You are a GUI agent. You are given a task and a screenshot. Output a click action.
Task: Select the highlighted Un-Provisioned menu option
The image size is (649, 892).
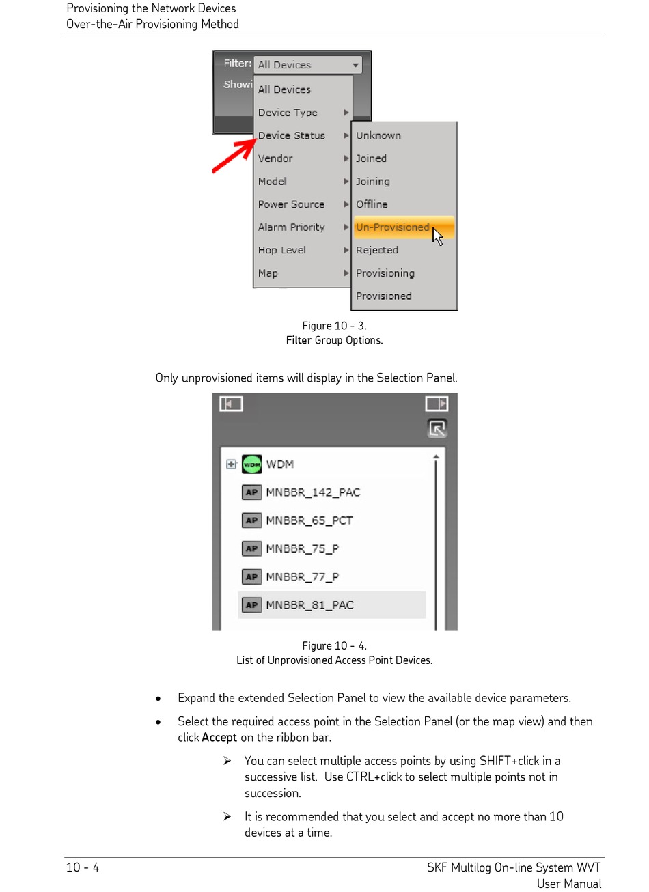click(393, 227)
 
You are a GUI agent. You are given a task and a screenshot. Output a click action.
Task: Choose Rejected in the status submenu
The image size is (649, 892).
click(377, 251)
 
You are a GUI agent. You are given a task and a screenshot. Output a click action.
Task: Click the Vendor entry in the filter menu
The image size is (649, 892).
click(275, 158)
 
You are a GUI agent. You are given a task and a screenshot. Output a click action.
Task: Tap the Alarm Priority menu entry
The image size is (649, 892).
click(292, 227)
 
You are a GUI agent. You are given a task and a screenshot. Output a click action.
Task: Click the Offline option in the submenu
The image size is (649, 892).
click(372, 204)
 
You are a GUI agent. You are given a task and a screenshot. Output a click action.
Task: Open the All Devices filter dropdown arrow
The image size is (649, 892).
click(355, 66)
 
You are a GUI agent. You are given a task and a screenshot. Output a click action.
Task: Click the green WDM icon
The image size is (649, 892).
click(252, 464)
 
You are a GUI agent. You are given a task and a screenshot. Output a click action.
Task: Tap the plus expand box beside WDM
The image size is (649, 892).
click(231, 464)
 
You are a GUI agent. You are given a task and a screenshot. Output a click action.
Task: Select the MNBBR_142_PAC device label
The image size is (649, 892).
click(313, 492)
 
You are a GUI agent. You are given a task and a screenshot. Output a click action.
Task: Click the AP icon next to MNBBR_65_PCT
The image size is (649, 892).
click(252, 520)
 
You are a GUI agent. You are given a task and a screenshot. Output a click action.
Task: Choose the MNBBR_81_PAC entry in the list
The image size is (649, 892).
click(309, 605)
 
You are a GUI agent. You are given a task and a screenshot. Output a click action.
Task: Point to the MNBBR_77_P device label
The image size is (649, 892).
click(302, 577)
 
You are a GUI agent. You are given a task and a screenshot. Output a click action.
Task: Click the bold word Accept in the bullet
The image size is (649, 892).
click(219, 738)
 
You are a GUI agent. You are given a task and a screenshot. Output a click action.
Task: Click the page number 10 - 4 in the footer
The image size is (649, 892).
click(83, 867)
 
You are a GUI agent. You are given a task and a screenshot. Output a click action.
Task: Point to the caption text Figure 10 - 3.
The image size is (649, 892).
click(334, 326)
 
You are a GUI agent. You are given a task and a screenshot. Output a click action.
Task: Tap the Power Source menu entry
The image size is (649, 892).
click(292, 204)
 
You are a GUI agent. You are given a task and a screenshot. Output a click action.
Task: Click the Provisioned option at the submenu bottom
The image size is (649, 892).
click(384, 296)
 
